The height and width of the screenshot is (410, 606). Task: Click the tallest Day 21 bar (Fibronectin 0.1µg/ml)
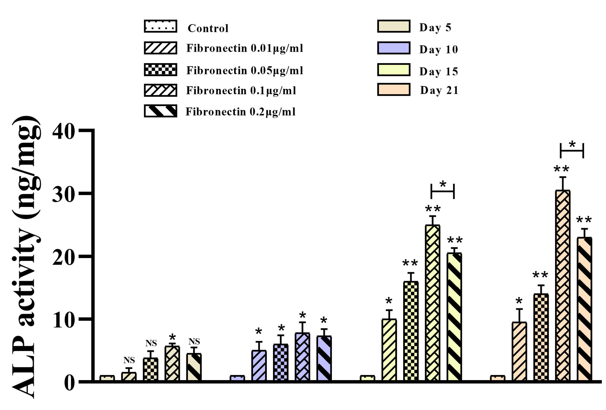563,286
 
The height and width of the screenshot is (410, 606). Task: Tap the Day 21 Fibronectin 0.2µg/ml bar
584,309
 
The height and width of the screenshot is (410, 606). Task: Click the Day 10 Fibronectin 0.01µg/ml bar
259,365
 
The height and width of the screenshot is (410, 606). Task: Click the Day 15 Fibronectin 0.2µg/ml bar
454,317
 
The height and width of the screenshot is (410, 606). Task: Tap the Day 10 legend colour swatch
394,48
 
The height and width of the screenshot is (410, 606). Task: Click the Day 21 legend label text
439,90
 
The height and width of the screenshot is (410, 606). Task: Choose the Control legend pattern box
160,26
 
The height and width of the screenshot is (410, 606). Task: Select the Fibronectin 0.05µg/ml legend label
245,70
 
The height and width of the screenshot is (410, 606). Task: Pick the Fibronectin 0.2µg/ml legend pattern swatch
160,111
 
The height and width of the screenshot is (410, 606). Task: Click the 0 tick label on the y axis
69,383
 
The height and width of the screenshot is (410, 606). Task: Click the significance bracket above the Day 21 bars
572,150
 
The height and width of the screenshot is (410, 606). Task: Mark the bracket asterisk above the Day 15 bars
443,184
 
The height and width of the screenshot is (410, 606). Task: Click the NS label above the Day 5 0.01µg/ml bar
129,360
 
